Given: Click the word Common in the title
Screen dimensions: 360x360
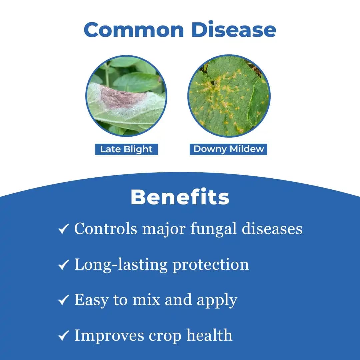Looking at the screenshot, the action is pyautogui.click(x=134, y=30).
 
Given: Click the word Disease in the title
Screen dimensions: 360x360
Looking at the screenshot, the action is pyautogui.click(x=234, y=29).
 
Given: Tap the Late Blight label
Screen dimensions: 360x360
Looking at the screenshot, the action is pyautogui.click(x=127, y=149).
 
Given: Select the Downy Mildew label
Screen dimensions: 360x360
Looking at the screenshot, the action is pyautogui.click(x=228, y=149).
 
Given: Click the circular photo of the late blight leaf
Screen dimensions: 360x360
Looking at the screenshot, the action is pyautogui.click(x=126, y=96).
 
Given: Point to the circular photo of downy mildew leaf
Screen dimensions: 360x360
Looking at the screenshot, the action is pyautogui.click(x=229, y=96).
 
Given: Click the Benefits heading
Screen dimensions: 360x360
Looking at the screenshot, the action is pyautogui.click(x=180, y=197).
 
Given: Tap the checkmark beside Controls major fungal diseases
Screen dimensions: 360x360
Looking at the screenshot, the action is pyautogui.click(x=63, y=229).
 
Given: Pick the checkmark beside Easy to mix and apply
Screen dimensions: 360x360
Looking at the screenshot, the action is pyautogui.click(x=63, y=300).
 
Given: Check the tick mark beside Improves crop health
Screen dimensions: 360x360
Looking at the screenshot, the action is pyautogui.click(x=63, y=335).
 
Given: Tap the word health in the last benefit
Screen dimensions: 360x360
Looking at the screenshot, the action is pyautogui.click(x=209, y=335).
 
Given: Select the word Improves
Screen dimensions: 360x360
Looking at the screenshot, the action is pyautogui.click(x=109, y=336).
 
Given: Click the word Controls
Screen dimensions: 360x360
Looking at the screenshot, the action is pyautogui.click(x=106, y=229).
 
